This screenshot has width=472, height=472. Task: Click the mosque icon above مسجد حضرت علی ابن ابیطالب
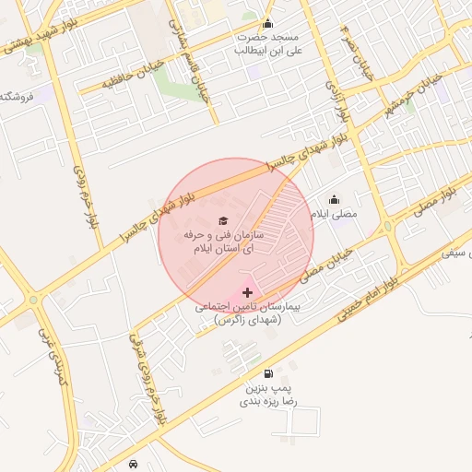pos(267,24)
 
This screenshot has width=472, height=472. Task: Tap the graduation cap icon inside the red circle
pos(221,220)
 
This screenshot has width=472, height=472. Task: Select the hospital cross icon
pos(246,292)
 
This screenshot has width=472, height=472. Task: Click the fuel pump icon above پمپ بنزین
pos(267,373)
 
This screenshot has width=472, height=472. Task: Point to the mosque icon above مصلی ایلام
pos(334,199)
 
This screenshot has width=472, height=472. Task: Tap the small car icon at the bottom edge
pos(135,463)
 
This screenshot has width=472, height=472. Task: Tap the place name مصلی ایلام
pos(333,214)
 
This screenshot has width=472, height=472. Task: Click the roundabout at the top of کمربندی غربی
pos(34,299)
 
